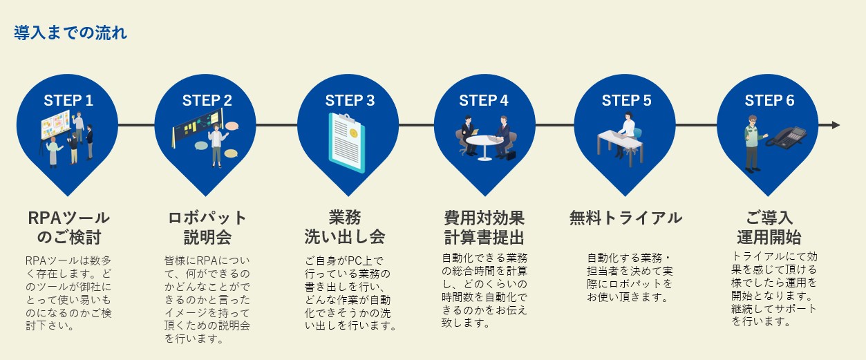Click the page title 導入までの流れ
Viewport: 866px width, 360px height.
70,32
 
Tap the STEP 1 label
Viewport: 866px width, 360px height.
68,100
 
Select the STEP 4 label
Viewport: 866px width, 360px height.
484,100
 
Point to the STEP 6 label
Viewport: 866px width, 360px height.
769,100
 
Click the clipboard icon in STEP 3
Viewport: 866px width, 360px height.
347,142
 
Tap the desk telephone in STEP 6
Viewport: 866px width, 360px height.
787,138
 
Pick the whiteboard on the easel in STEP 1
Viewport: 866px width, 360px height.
57,125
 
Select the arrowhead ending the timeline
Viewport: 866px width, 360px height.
836,125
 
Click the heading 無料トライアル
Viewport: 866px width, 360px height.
626,218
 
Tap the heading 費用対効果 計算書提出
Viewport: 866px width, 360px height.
484,227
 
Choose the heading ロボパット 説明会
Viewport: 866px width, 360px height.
207,227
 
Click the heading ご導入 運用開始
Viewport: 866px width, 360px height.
769,227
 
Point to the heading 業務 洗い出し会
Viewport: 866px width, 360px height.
344,227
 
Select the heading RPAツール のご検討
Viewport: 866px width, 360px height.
69,227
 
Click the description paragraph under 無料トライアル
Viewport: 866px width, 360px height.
630,277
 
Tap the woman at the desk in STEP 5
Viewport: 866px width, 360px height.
627,133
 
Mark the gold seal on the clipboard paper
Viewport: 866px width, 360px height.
353,133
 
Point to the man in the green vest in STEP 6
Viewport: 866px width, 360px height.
753,144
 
